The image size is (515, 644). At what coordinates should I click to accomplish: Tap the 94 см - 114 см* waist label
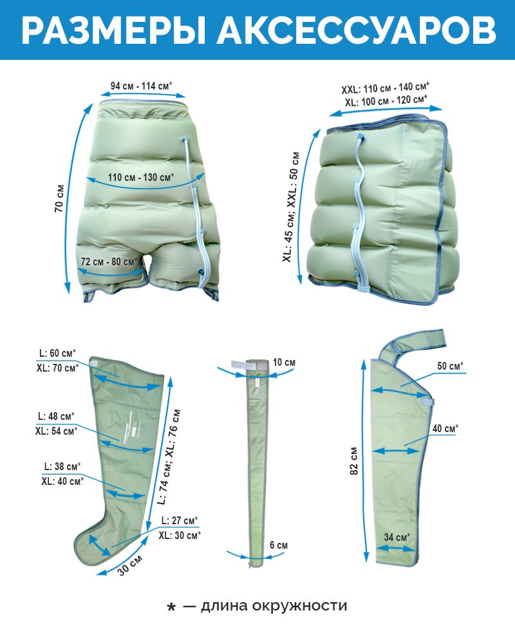(x=145, y=86)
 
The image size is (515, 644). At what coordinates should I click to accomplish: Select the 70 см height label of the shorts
(x=61, y=200)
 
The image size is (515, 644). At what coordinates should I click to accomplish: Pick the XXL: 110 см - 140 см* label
(x=386, y=88)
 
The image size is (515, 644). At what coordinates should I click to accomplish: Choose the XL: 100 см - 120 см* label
(x=386, y=101)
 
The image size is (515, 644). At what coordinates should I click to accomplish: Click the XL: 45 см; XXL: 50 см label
(x=290, y=207)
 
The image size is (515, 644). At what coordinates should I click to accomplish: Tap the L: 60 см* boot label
(x=57, y=353)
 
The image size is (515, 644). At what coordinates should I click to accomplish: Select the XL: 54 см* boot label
(x=56, y=431)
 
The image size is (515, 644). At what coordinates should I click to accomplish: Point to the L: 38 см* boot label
(x=62, y=466)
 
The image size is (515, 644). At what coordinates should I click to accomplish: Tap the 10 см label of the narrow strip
(x=283, y=363)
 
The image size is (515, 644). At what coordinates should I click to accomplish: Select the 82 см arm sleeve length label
(x=354, y=462)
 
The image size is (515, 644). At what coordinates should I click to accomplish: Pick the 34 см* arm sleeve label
(x=397, y=537)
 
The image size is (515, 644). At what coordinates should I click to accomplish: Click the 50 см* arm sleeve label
(x=451, y=366)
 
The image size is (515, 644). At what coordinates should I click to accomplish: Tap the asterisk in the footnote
(x=171, y=608)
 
